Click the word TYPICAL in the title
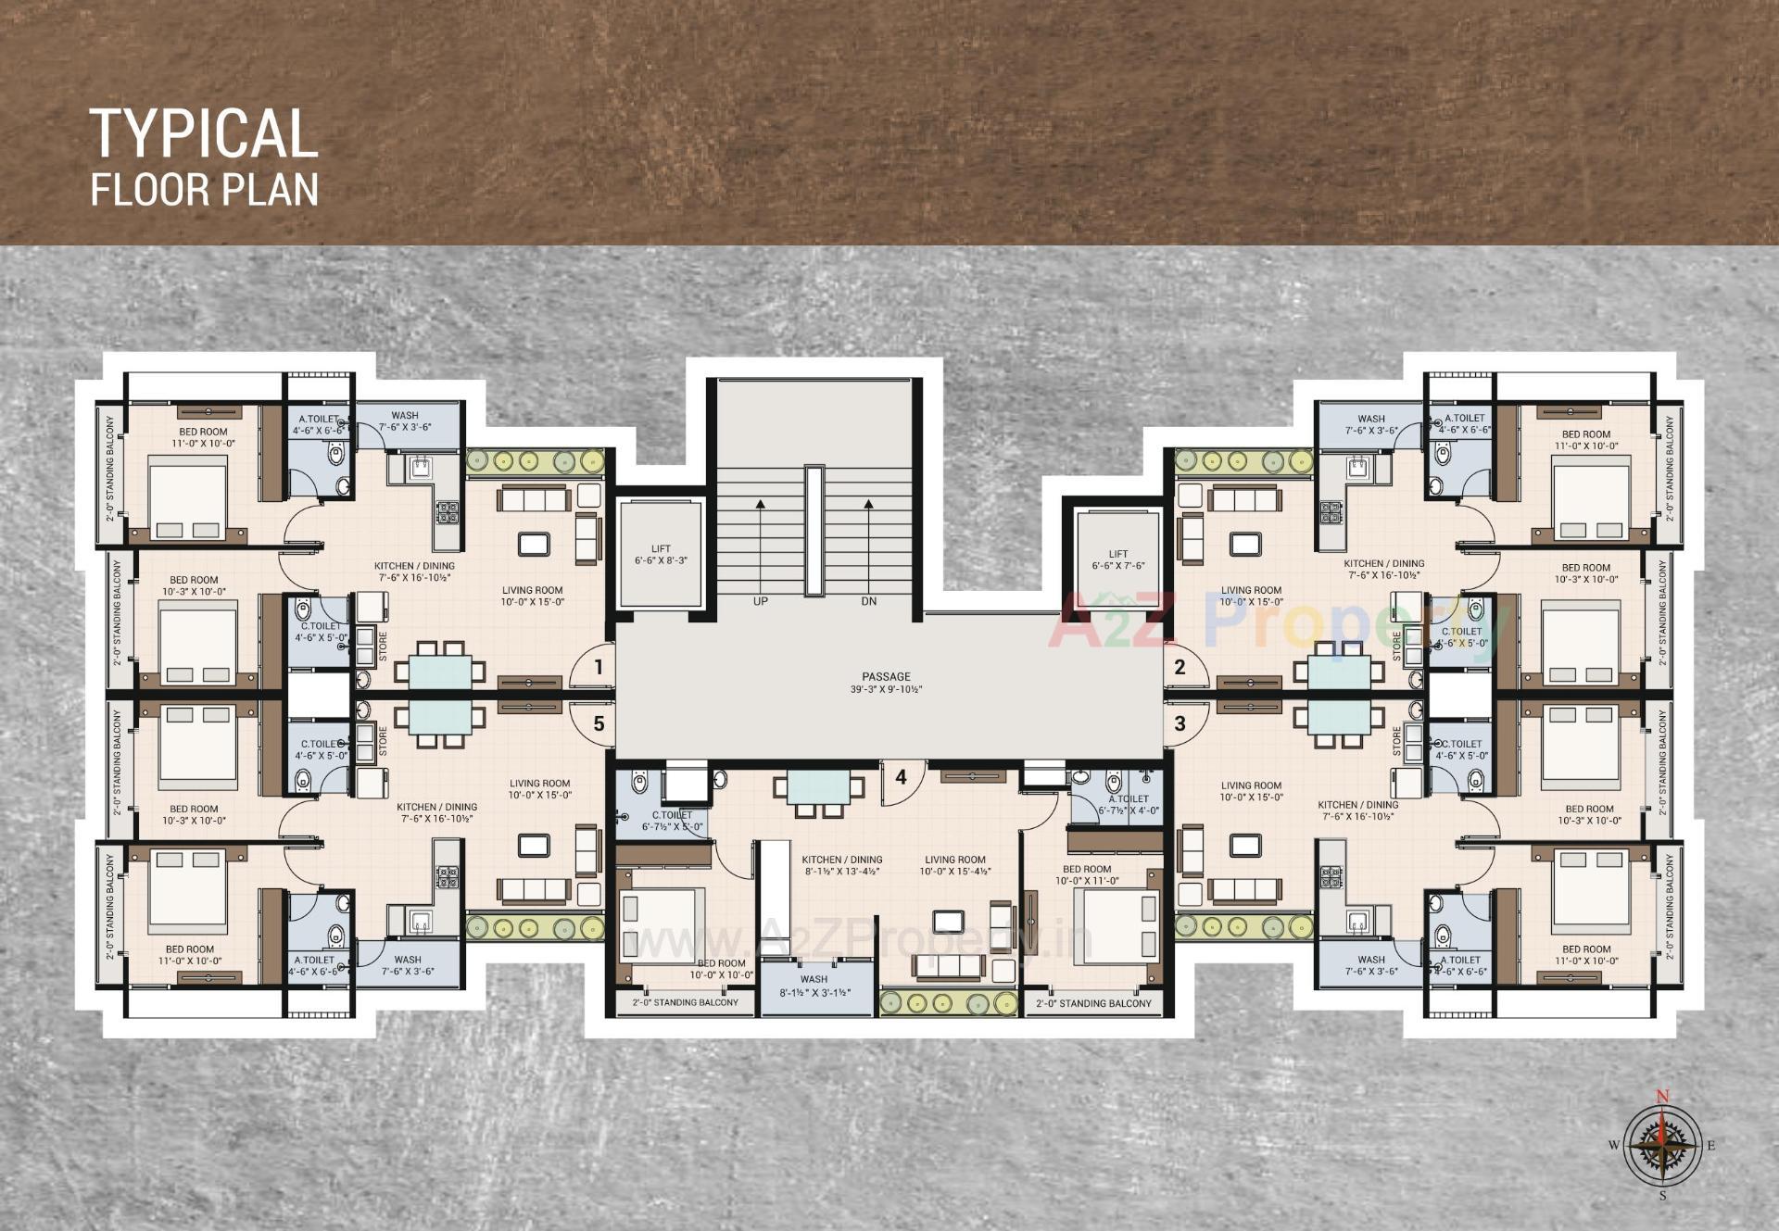click(204, 133)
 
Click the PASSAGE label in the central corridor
click(886, 676)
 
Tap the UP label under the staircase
click(760, 601)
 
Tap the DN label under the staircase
click(868, 601)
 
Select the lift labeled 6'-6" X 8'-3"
click(661, 555)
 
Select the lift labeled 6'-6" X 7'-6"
click(1117, 559)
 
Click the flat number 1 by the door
click(599, 667)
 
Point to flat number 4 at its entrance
click(901, 777)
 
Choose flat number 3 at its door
click(1180, 723)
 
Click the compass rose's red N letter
click(1662, 1097)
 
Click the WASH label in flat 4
click(814, 979)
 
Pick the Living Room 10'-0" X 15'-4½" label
click(954, 865)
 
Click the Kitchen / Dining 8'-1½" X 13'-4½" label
click(841, 865)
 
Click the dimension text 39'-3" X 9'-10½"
click(886, 690)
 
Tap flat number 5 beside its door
click(599, 723)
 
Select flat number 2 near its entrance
click(1180, 667)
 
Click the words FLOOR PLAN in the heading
click(204, 189)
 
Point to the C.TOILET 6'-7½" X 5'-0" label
click(672, 821)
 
